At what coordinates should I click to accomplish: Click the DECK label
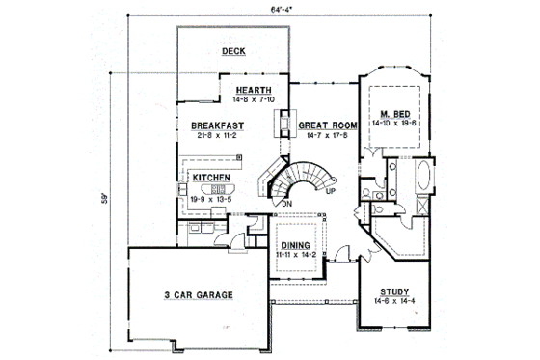[x=232, y=51]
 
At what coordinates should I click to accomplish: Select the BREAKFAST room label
[x=216, y=125]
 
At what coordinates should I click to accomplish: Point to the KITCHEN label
[x=209, y=178]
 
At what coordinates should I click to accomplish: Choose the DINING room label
[x=296, y=245]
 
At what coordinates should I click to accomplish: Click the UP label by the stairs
[x=330, y=190]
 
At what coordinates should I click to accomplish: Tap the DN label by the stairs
[x=286, y=204]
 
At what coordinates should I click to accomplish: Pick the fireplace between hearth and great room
[x=284, y=125]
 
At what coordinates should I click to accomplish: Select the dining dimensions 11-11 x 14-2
[x=296, y=255]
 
